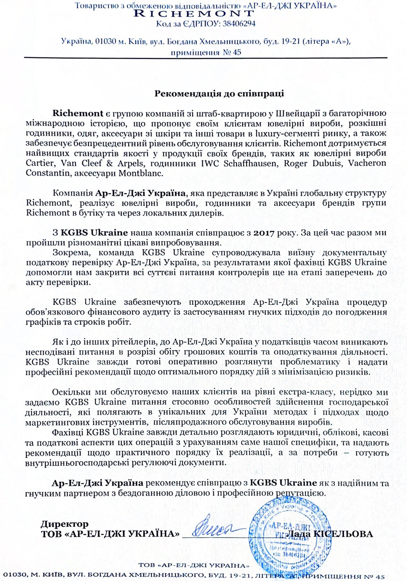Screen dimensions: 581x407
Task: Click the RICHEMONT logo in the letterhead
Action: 194,14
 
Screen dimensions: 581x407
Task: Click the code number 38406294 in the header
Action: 239,24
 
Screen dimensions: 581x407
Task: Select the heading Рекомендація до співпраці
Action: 219,93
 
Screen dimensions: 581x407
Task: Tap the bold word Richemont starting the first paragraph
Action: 78,113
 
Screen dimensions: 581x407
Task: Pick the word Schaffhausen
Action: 250,163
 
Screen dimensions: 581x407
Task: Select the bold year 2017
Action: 264,233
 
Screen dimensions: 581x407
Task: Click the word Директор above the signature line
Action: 65,524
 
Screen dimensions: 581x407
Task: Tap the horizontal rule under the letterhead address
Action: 205,58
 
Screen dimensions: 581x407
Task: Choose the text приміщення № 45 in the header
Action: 206,52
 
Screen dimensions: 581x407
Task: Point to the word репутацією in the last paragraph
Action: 300,493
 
